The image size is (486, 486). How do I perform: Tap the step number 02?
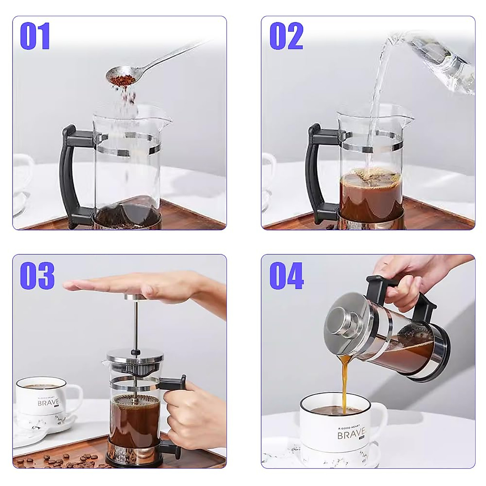pyautogui.click(x=286, y=36)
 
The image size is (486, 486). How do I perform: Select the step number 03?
pyautogui.click(x=37, y=275)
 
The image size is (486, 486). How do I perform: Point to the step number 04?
pyautogui.click(x=287, y=275)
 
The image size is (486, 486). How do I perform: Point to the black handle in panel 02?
pyautogui.click(x=316, y=170)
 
